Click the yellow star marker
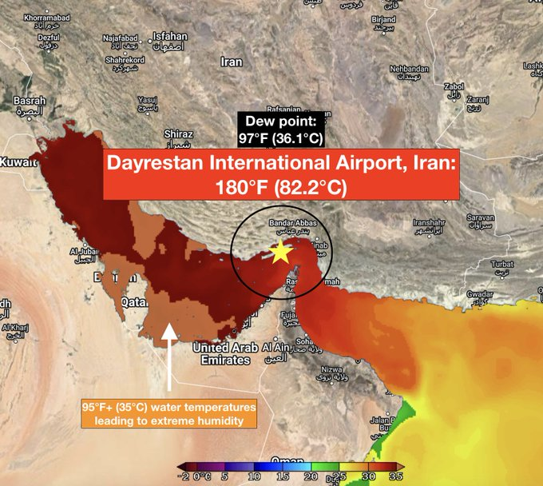pos(280,253)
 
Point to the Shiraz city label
pos(178,134)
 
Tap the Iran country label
pos(232,62)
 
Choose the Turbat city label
pos(501,264)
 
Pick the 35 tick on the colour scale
pos(394,476)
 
